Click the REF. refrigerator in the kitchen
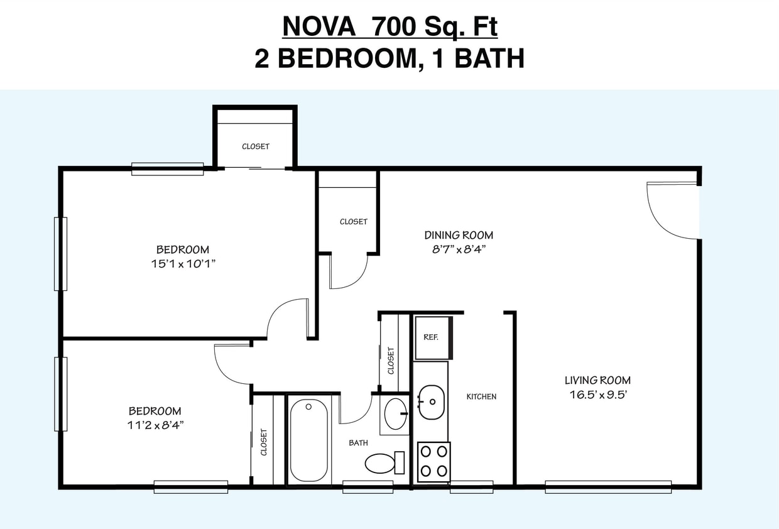(x=432, y=337)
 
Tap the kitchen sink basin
(x=431, y=402)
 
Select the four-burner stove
(x=433, y=462)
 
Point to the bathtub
(x=308, y=440)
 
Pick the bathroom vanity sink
(x=395, y=414)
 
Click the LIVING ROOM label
(x=597, y=380)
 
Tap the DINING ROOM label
(x=459, y=235)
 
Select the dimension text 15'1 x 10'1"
(x=183, y=264)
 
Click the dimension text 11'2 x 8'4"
(x=155, y=425)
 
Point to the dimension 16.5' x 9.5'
(x=597, y=395)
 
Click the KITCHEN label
(x=481, y=396)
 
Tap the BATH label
(x=358, y=443)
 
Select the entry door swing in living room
(x=672, y=210)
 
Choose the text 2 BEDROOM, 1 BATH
(x=389, y=58)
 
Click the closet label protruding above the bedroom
(x=256, y=146)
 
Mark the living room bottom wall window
(x=607, y=486)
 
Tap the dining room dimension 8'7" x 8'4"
(x=459, y=249)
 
